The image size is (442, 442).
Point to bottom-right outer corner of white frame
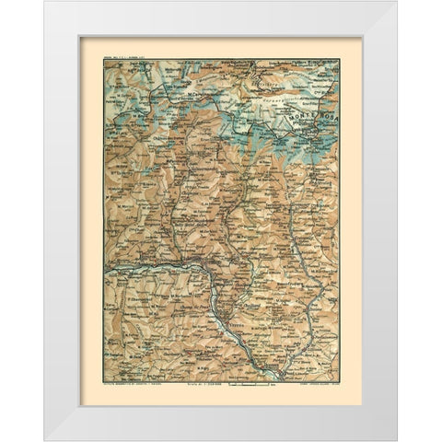coord(398,440)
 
